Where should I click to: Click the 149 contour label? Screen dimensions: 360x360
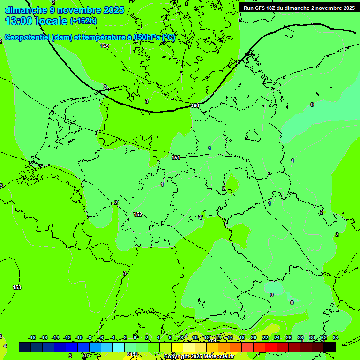pyautogui.click(x=105, y=46)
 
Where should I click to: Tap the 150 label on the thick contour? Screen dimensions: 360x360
pyautogui.click(x=195, y=106)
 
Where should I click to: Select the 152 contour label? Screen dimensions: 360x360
pyautogui.click(x=138, y=214)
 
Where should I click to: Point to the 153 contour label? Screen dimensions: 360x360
pyautogui.click(x=17, y=287)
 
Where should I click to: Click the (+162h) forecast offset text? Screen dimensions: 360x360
pyautogui.click(x=83, y=21)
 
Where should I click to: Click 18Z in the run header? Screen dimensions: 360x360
pyautogui.click(x=276, y=7)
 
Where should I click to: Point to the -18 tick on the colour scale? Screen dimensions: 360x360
pyautogui.click(x=32, y=337)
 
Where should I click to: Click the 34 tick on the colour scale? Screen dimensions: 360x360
pyautogui.click(x=335, y=337)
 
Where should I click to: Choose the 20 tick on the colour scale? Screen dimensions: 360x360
pyautogui.click(x=254, y=337)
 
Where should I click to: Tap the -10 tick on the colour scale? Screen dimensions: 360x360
pyautogui.click(x=79, y=337)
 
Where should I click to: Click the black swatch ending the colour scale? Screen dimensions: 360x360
pyautogui.click(x=330, y=347)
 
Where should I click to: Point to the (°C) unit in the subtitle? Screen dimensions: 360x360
pyautogui.click(x=169, y=37)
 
